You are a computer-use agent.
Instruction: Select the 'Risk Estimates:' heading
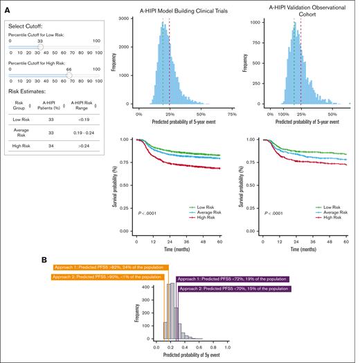[x=28, y=91]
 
